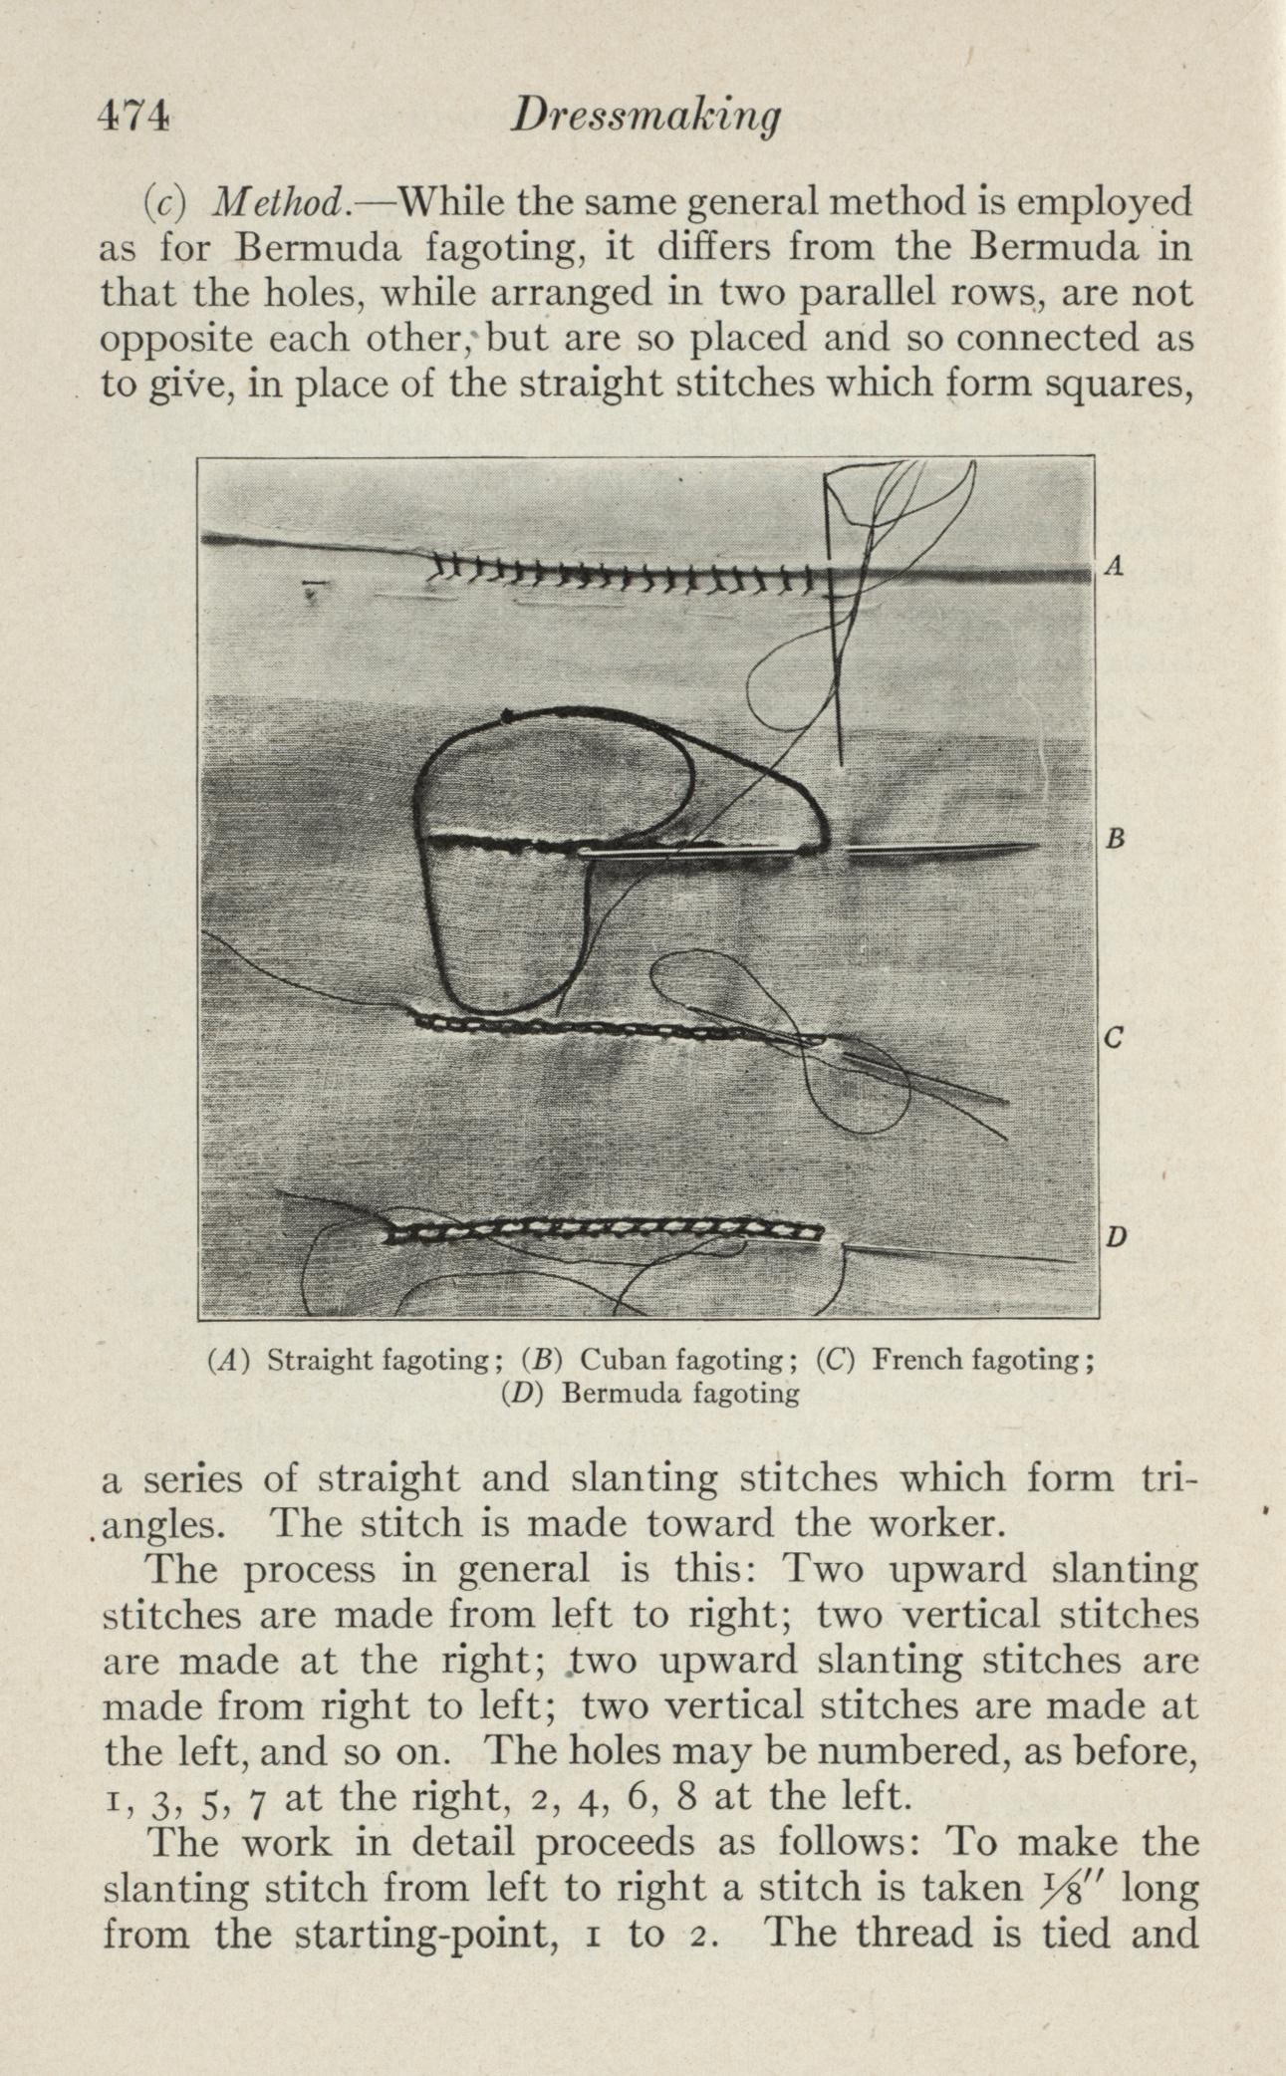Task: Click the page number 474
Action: pyautogui.click(x=135, y=118)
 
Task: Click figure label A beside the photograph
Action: pyautogui.click(x=1116, y=567)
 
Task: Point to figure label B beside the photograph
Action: pyautogui.click(x=1116, y=839)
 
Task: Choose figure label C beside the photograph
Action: pyautogui.click(x=1116, y=1038)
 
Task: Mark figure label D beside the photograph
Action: pyautogui.click(x=1117, y=1237)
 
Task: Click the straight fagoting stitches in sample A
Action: pyautogui.click(x=628, y=576)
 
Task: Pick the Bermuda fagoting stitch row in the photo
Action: pyautogui.click(x=603, y=1233)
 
